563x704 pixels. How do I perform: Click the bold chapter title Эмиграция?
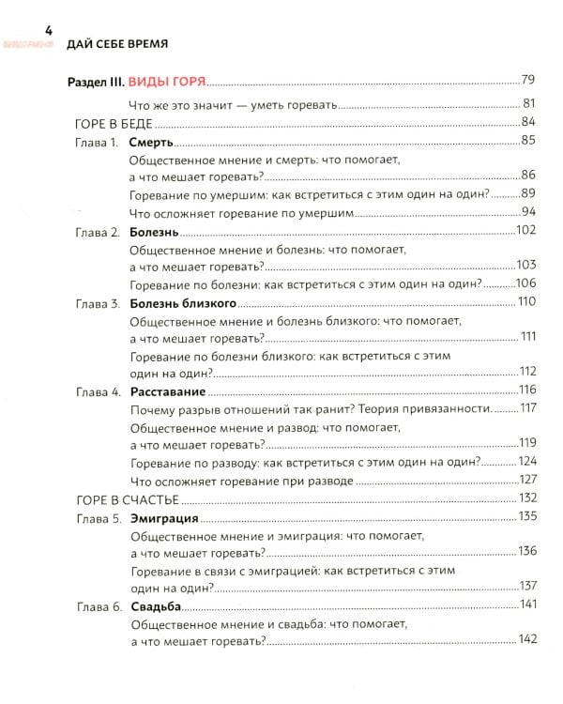point(164,517)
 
